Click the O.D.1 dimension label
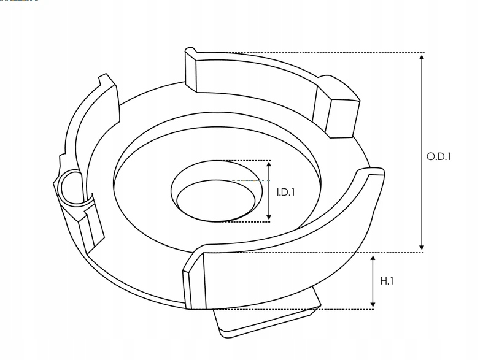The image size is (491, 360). (439, 156)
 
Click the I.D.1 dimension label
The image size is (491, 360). (286, 192)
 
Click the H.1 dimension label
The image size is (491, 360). (387, 281)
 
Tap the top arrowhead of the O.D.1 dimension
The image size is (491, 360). (422, 57)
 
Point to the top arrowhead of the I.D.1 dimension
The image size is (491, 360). (269, 165)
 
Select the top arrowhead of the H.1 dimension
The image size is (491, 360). (373, 260)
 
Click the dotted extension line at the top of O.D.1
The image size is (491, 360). (307, 53)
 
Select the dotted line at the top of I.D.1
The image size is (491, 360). (245, 161)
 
